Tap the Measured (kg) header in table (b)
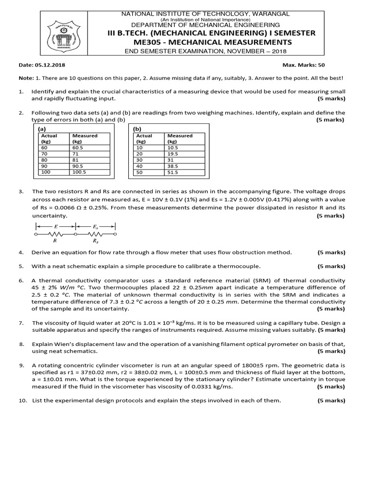coord(180,138)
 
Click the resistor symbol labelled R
coord(57,234)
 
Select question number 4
coord(21,252)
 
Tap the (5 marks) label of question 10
coord(331,400)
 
